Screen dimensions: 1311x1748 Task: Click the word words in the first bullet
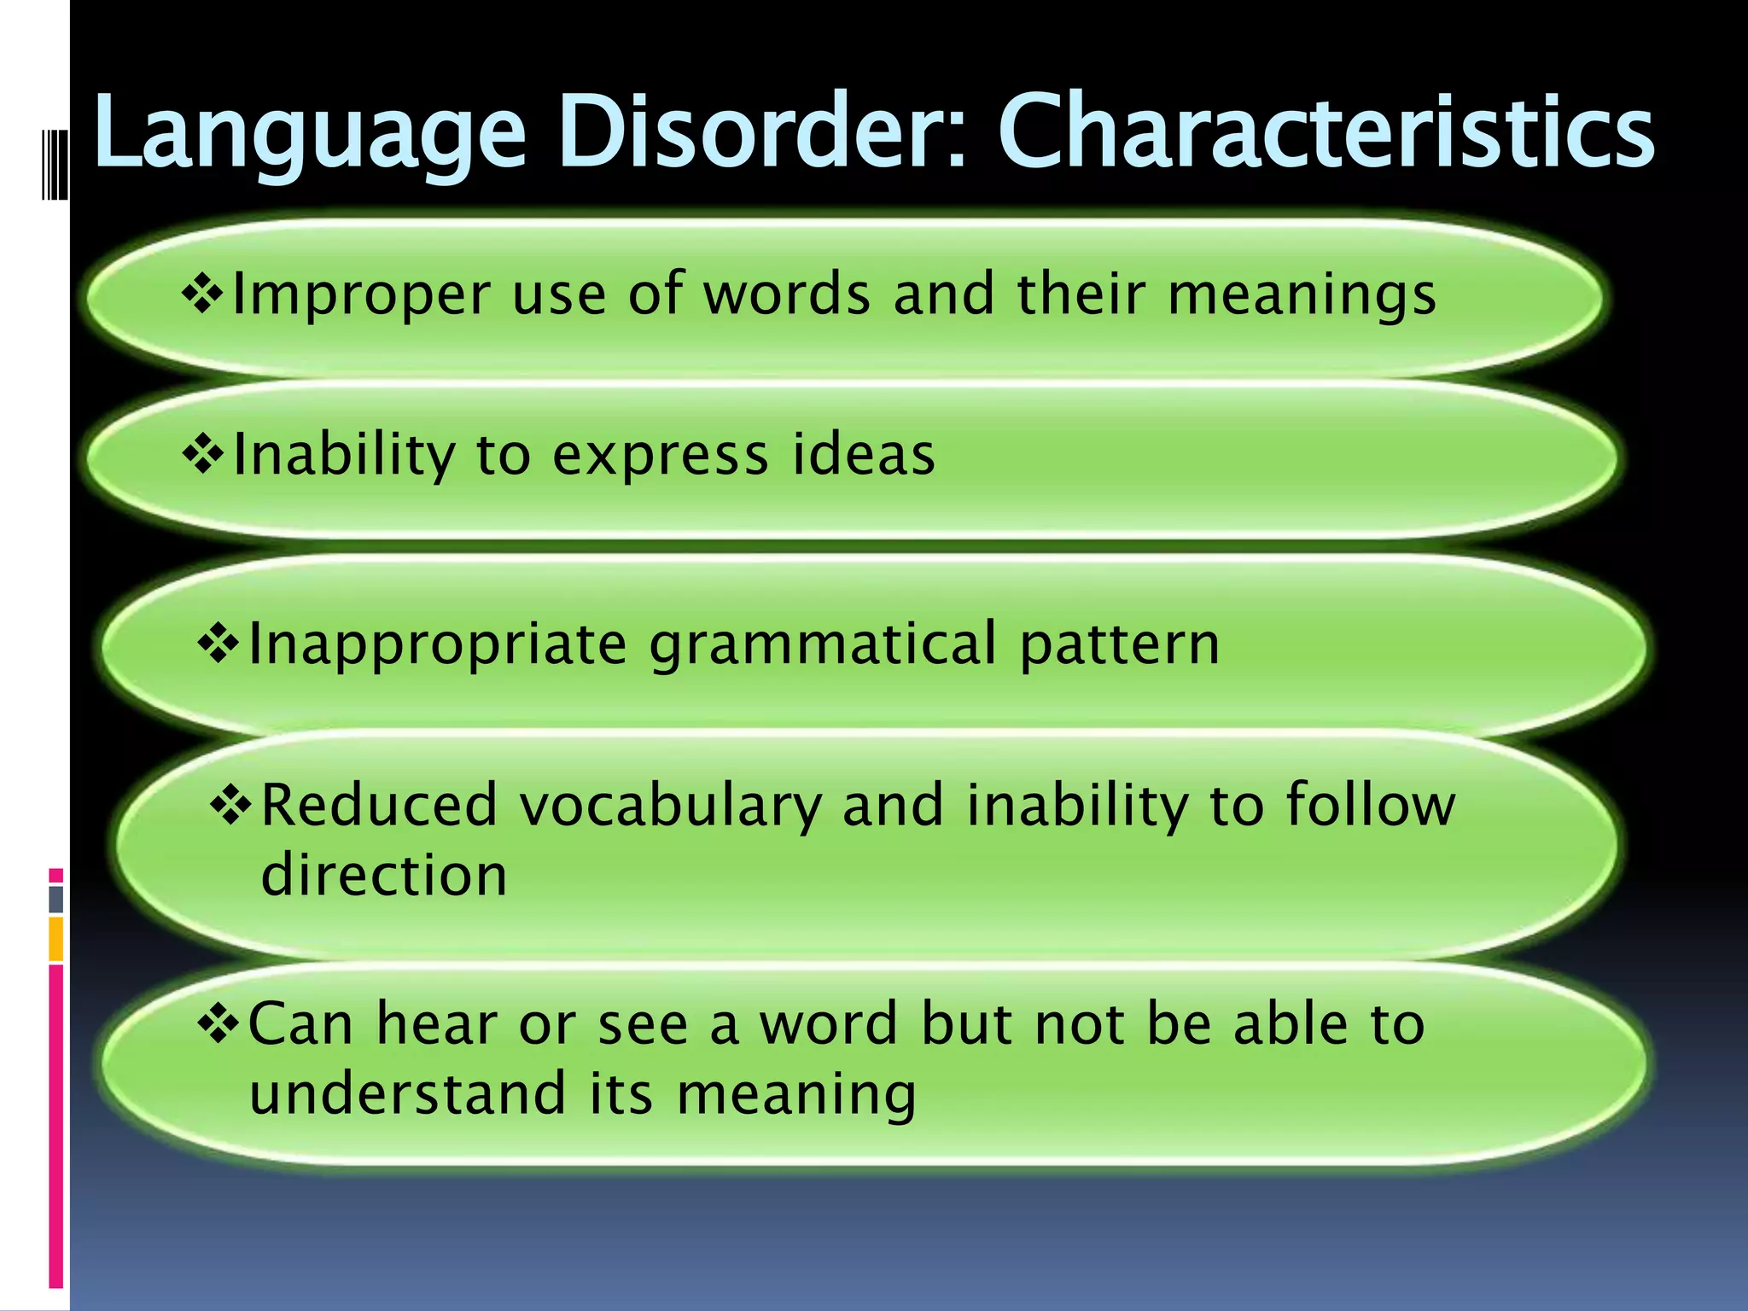pos(786,294)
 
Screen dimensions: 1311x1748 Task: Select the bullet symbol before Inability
pos(202,455)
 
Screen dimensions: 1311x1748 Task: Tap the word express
pos(661,457)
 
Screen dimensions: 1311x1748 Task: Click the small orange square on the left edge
pos(56,938)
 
